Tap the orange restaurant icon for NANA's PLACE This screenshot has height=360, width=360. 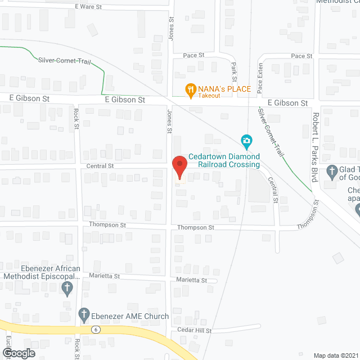pos(191,88)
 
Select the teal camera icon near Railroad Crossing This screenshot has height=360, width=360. pos(246,140)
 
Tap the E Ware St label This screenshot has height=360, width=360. pos(89,6)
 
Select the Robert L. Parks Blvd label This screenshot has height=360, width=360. pos(315,146)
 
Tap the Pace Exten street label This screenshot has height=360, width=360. pos(260,78)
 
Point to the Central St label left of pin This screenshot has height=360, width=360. pos(100,166)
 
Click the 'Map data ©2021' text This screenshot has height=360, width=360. pos(334,355)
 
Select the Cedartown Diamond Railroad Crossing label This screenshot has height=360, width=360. pos(224,160)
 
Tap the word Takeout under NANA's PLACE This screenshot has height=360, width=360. pos(209,96)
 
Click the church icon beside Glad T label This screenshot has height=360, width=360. pos(332,170)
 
